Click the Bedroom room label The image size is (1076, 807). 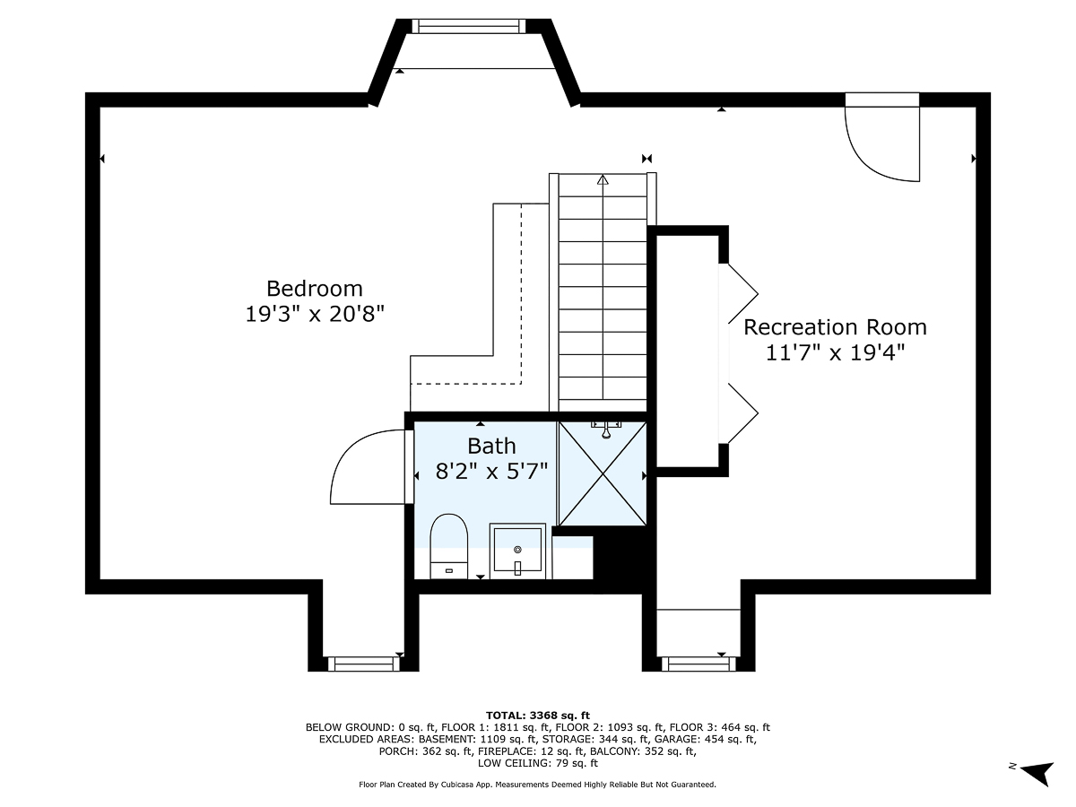click(x=314, y=289)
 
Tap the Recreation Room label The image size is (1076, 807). click(x=835, y=327)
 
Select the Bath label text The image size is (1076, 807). click(x=491, y=446)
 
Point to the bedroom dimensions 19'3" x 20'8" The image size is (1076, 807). click(x=314, y=314)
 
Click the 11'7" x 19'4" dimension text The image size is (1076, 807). click(x=835, y=352)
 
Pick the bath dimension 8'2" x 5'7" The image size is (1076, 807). click(x=491, y=472)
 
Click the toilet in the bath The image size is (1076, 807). click(x=448, y=546)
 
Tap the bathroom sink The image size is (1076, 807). click(x=517, y=551)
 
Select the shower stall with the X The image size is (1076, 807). click(x=603, y=473)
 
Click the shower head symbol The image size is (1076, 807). click(x=606, y=430)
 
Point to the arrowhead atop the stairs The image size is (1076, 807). click(x=603, y=180)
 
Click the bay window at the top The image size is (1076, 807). click(x=469, y=26)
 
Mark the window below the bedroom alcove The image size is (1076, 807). click(x=363, y=664)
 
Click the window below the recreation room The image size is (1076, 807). click(x=699, y=664)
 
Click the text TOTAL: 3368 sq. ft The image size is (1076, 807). click(x=538, y=716)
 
